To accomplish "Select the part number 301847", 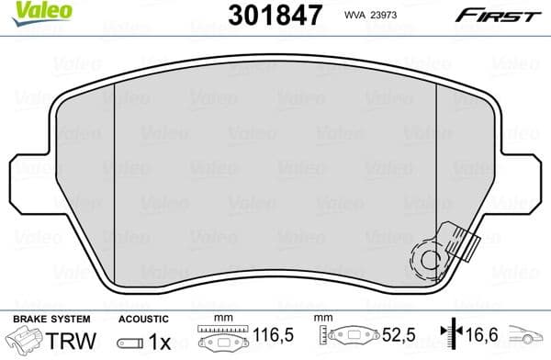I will pyautogui.click(x=275, y=15).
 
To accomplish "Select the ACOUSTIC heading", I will pyautogui.click(x=142, y=318).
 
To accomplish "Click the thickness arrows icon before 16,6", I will pyautogui.click(x=447, y=337).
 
